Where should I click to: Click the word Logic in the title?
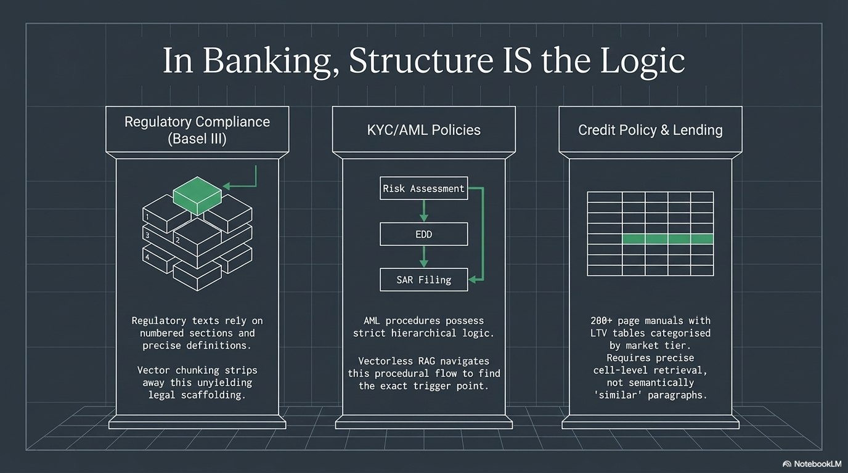click(646, 61)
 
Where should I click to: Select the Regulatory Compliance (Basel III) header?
click(197, 130)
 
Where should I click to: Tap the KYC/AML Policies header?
click(423, 130)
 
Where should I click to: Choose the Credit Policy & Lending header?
click(650, 130)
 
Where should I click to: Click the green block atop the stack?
click(197, 195)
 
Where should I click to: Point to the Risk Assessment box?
click(423, 188)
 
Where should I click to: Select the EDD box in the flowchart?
click(423, 234)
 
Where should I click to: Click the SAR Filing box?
click(423, 280)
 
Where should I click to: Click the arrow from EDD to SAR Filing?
click(423, 257)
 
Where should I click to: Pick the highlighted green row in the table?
click(668, 239)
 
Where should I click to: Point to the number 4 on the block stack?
click(147, 256)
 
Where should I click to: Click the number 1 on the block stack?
click(147, 217)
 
